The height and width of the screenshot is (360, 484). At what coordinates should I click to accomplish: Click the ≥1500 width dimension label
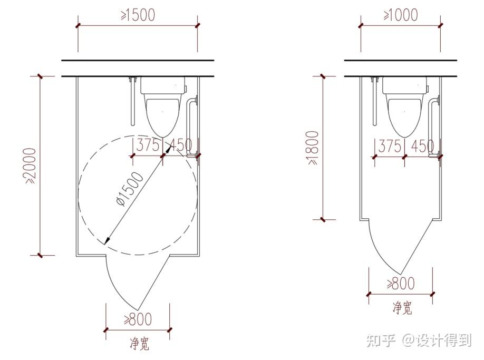click(138, 15)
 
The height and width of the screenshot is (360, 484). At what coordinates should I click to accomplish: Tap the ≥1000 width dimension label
click(401, 15)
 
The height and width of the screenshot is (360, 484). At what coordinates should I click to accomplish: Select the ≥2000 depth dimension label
click(32, 166)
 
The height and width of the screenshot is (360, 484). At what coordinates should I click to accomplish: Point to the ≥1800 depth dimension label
click(314, 148)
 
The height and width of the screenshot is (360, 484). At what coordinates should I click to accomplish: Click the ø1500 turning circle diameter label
click(130, 189)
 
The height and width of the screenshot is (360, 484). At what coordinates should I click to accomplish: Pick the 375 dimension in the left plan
click(148, 145)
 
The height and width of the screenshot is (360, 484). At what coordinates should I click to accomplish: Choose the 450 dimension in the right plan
click(422, 146)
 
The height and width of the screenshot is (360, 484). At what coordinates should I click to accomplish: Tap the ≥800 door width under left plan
click(138, 319)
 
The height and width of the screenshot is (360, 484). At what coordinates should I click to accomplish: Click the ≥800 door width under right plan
click(401, 284)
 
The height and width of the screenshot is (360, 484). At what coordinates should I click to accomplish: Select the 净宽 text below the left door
click(140, 343)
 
